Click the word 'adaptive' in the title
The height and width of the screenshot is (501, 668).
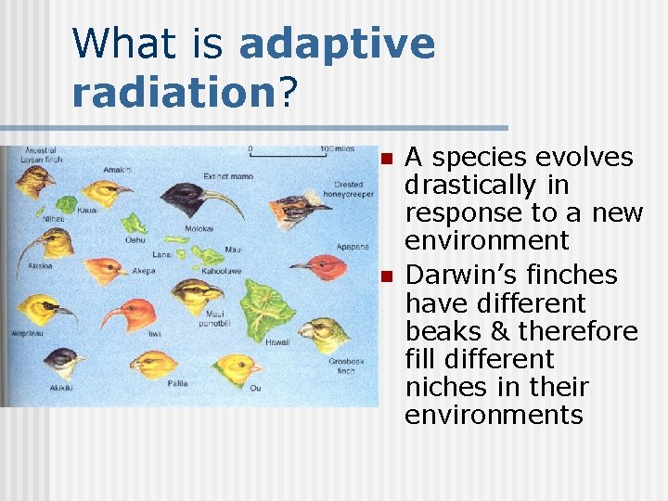point(337,45)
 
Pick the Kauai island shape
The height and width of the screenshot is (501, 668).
point(68,203)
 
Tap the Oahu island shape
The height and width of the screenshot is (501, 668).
point(136,224)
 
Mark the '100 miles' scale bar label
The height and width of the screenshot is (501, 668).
point(337,148)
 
